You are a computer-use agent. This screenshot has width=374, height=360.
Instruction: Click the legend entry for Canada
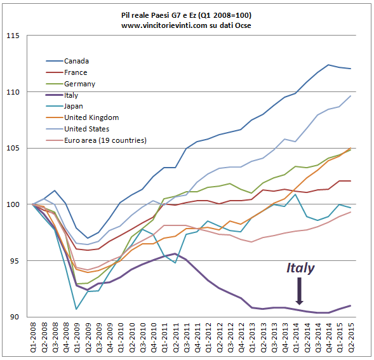tap(76, 61)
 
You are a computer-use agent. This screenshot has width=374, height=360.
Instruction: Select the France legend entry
tap(76, 72)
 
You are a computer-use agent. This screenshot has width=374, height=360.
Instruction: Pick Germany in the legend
tap(79, 84)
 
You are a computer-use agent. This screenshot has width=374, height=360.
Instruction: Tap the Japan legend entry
tap(74, 107)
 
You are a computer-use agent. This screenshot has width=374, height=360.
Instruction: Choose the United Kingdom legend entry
tap(91, 117)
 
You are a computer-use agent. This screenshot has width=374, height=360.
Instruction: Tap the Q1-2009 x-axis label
tap(77, 338)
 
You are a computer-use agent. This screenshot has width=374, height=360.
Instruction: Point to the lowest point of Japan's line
tap(76, 309)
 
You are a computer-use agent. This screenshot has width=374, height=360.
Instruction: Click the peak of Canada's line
tap(328, 64)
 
